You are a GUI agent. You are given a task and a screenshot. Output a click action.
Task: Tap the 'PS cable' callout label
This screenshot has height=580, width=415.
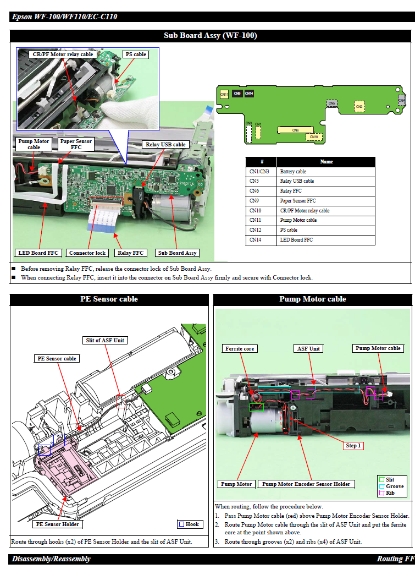[x=136, y=54]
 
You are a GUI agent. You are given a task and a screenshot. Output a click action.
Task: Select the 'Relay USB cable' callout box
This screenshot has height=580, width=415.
[x=165, y=145]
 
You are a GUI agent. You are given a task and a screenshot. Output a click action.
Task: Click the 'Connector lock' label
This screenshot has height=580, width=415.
[x=87, y=253]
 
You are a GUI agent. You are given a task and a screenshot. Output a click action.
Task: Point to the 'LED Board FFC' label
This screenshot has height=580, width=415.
[x=38, y=253]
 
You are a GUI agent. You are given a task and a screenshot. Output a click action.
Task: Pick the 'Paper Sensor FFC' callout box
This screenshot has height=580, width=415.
[x=76, y=145]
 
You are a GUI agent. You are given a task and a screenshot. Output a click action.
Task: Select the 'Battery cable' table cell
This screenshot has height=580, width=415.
[x=293, y=172]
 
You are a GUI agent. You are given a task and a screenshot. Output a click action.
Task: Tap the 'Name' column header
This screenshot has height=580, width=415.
[x=326, y=162]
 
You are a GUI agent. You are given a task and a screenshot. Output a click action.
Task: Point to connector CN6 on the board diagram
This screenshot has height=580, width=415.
[x=296, y=130]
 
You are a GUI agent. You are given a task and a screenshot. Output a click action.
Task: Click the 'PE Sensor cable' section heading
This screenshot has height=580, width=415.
[x=109, y=299]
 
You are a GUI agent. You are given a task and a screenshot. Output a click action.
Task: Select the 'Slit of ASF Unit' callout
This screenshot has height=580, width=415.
[x=105, y=340]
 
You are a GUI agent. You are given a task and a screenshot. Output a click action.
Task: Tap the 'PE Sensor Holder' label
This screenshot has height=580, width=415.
[x=58, y=524]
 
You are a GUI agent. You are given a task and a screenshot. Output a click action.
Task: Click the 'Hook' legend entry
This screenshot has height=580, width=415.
[x=189, y=524]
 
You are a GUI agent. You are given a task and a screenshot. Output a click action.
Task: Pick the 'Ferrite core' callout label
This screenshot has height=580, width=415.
[x=240, y=348]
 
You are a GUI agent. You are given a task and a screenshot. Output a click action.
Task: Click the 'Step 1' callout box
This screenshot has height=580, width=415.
[x=353, y=446]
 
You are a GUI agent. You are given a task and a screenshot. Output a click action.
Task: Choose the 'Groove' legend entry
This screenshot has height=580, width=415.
[x=391, y=486]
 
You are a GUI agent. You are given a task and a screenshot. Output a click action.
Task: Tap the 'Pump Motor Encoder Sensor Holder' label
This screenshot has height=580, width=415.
[x=306, y=484]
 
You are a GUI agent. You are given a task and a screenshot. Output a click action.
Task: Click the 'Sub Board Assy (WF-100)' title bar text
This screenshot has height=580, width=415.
[x=211, y=36]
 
